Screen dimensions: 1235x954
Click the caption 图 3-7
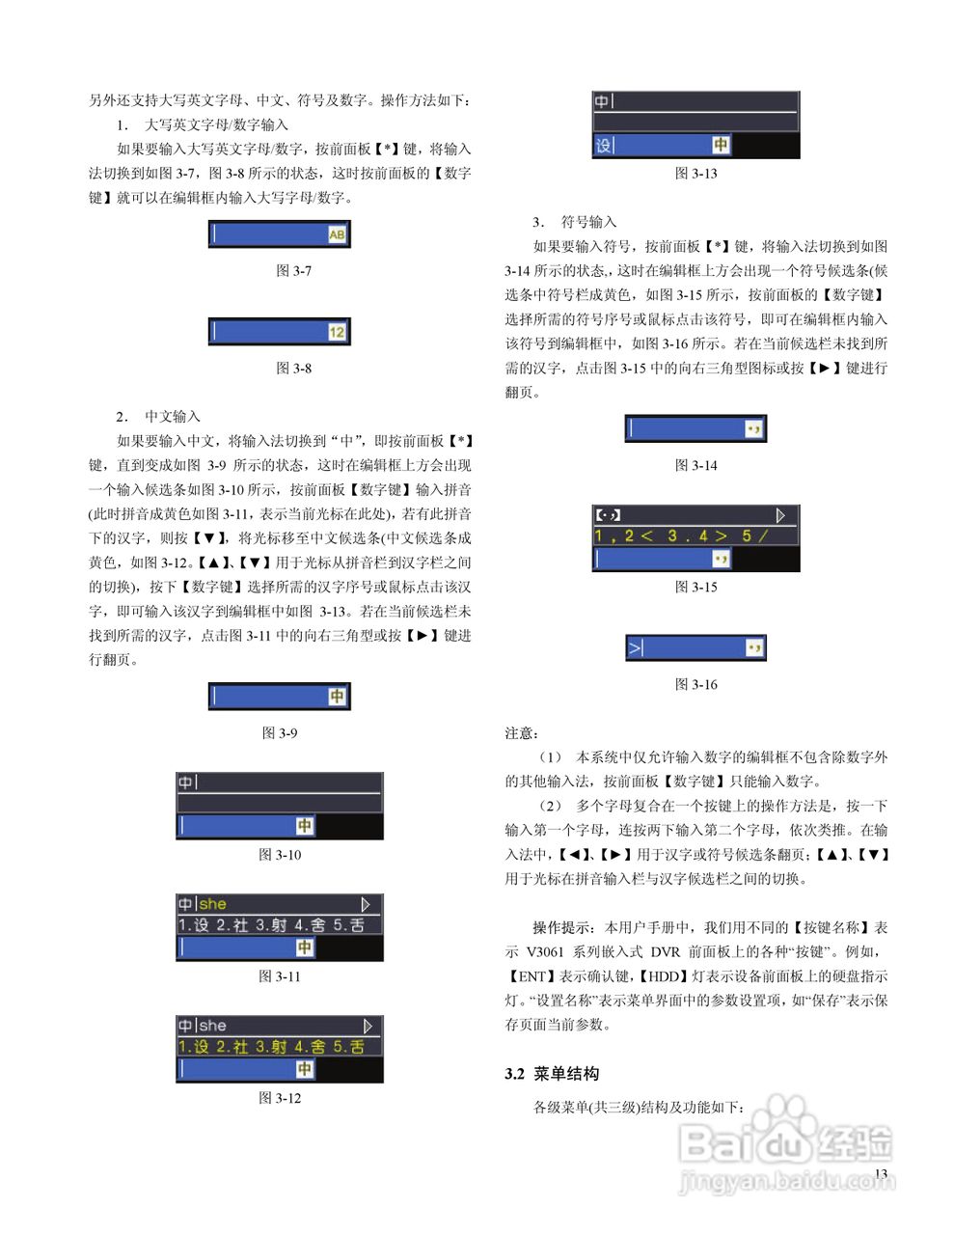click(x=293, y=271)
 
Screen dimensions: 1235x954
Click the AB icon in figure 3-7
click(x=337, y=234)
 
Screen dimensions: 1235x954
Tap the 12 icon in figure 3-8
click(x=337, y=332)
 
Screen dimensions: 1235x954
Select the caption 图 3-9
click(x=280, y=733)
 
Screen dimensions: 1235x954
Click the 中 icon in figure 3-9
click(x=337, y=697)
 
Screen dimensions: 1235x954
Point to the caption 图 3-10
click(x=280, y=855)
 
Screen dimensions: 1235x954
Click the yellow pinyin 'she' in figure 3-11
click(x=213, y=904)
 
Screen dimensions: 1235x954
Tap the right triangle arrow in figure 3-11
click(x=366, y=904)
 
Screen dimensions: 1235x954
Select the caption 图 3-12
click(x=280, y=1098)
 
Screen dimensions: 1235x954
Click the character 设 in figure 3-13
click(x=604, y=146)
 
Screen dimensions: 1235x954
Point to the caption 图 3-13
click(x=695, y=174)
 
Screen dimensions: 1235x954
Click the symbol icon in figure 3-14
click(x=753, y=428)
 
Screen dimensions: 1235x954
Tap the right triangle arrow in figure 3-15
click(x=781, y=515)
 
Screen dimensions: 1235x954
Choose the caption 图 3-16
click(x=695, y=685)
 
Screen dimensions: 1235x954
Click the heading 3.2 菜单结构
click(x=552, y=1074)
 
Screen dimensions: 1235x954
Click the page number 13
click(x=880, y=1173)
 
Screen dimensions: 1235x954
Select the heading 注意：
click(x=522, y=733)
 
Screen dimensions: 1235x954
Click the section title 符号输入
click(x=588, y=222)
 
